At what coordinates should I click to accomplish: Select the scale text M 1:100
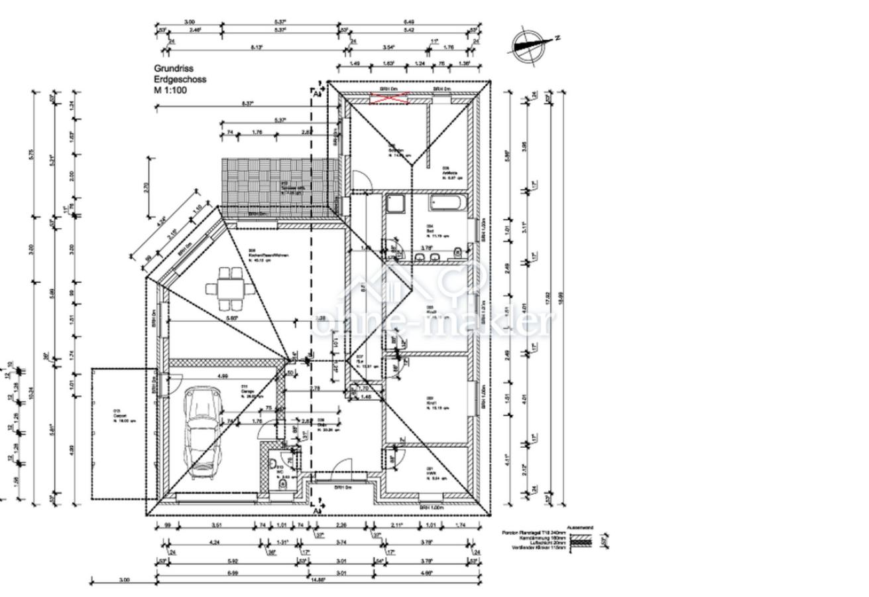[170, 90]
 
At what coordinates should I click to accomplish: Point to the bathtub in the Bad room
[449, 202]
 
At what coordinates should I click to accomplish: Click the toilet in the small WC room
[284, 484]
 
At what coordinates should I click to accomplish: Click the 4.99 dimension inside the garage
[223, 376]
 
